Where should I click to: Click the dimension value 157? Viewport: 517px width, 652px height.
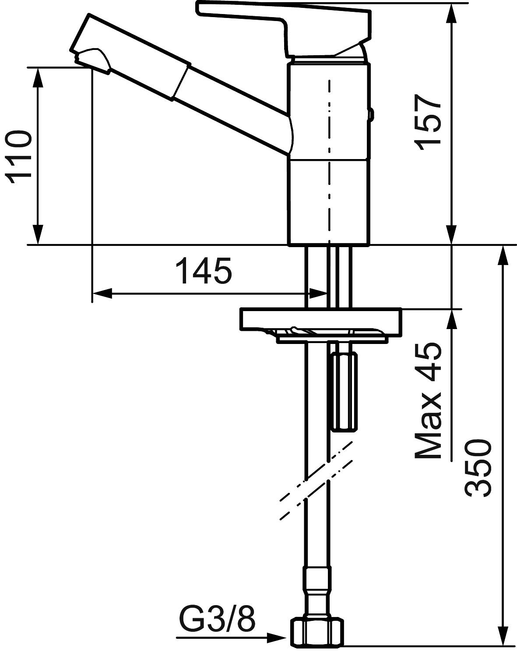point(428,122)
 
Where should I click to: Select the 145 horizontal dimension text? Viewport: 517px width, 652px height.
point(204,272)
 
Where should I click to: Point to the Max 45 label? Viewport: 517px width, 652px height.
point(428,400)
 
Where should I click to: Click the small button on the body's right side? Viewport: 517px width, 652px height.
point(371,115)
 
